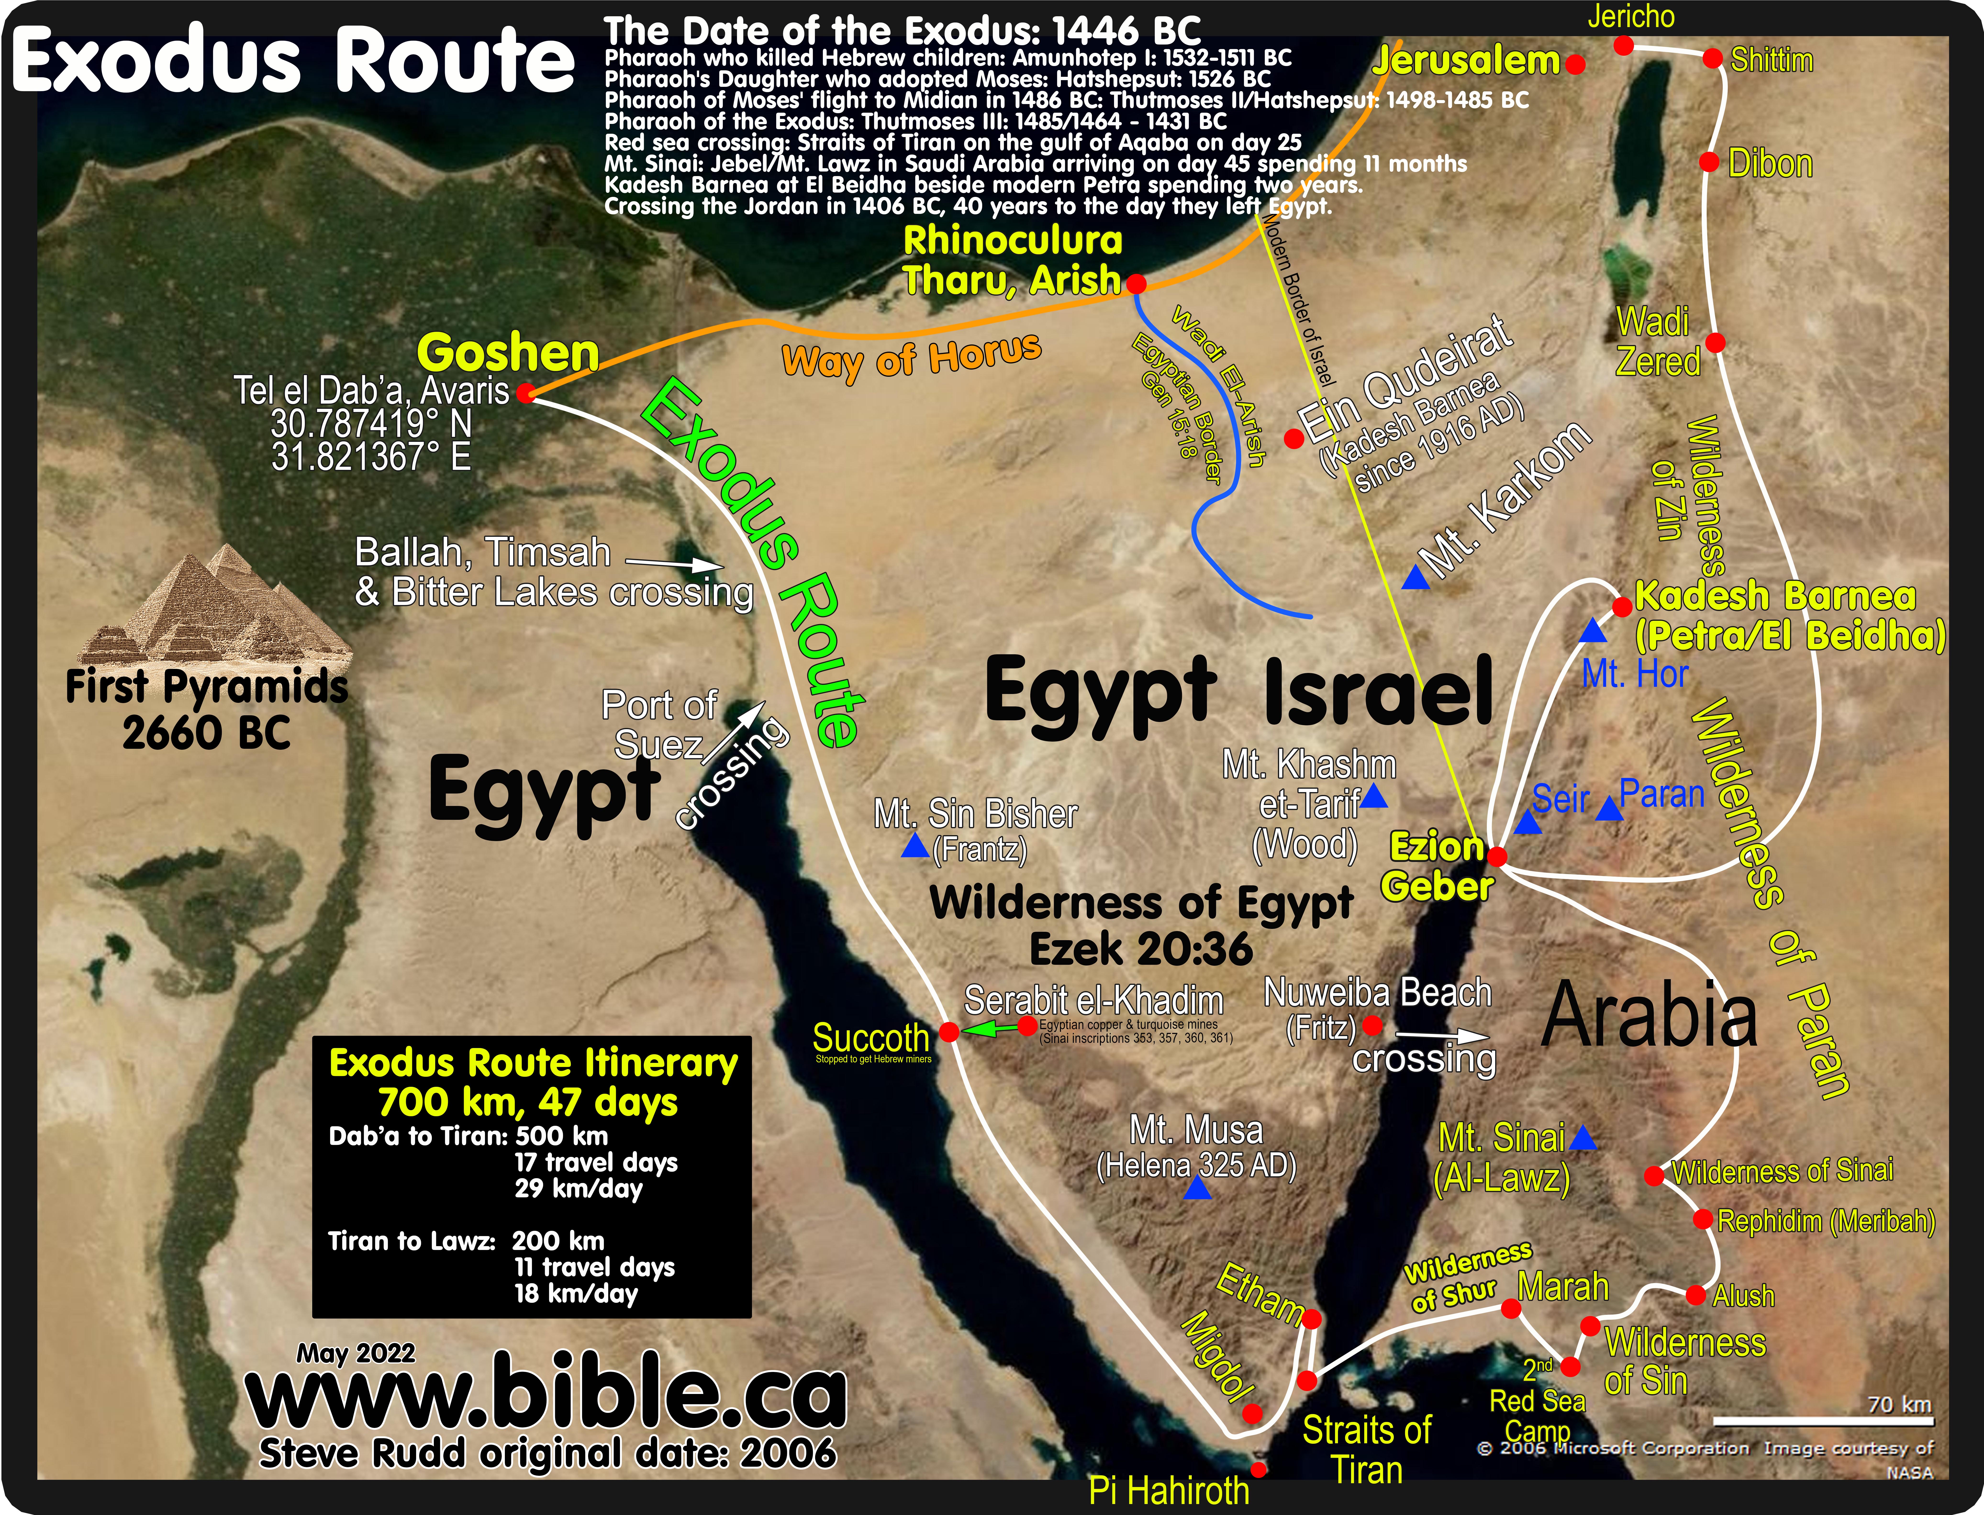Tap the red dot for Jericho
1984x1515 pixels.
tap(1623, 45)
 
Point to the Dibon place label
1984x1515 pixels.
tap(1769, 164)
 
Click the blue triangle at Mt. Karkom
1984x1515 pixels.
tap(1415, 578)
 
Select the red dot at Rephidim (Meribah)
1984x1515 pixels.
tap(1702, 1219)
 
